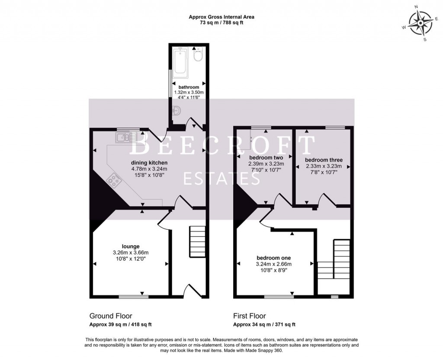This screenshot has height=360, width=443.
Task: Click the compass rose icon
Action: (x=421, y=23)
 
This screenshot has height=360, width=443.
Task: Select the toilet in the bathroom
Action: (x=198, y=55)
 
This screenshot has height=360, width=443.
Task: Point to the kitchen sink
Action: (x=126, y=138)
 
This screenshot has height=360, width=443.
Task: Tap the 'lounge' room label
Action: (x=131, y=246)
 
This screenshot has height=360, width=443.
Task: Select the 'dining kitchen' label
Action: (x=149, y=163)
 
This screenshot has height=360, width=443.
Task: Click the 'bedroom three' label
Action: (x=324, y=160)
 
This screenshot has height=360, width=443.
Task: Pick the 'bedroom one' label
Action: (x=273, y=258)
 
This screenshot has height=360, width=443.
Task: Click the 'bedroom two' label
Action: (x=266, y=157)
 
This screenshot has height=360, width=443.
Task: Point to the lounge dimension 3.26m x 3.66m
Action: (x=131, y=253)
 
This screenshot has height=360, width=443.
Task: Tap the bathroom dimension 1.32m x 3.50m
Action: (x=189, y=92)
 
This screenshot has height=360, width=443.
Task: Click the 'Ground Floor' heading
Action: (x=111, y=316)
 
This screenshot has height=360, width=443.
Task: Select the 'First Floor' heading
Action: (x=250, y=316)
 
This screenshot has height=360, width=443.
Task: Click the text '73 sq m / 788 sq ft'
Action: (x=221, y=22)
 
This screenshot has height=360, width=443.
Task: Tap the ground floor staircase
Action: (x=197, y=241)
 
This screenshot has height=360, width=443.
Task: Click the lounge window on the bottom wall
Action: (x=133, y=297)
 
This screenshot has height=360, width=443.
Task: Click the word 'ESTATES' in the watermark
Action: (x=221, y=178)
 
